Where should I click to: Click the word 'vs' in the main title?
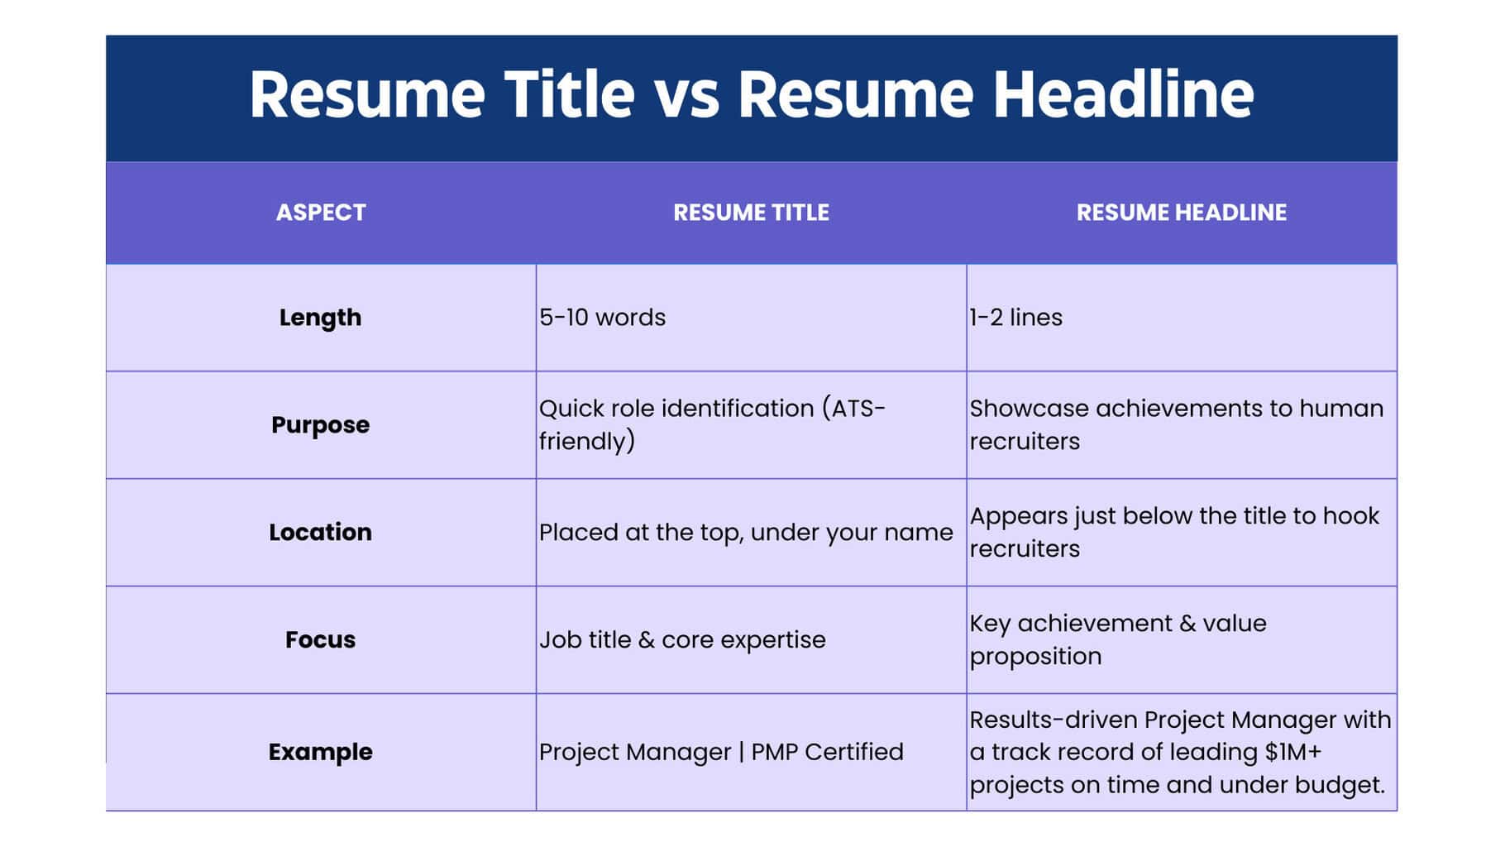coord(686,95)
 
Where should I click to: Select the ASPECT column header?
coord(321,213)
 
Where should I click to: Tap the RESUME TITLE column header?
coord(751,213)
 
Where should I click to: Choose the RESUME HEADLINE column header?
coord(1181,213)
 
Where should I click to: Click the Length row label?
coord(320,318)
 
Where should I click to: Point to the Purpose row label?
coord(320,425)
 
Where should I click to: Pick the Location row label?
coord(320,532)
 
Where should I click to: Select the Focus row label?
coord(320,639)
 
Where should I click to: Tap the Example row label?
coord(320,752)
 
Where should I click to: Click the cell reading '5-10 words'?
coord(602,318)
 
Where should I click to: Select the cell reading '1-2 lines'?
coord(1015,318)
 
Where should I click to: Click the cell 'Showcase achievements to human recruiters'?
coord(1175,425)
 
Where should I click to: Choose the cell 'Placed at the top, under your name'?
coord(745,532)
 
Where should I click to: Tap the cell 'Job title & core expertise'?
coord(682,639)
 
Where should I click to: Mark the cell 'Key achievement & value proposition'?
coord(1117,639)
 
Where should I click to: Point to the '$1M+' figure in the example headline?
coord(1293,752)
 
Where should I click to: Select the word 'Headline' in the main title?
coord(1123,95)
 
